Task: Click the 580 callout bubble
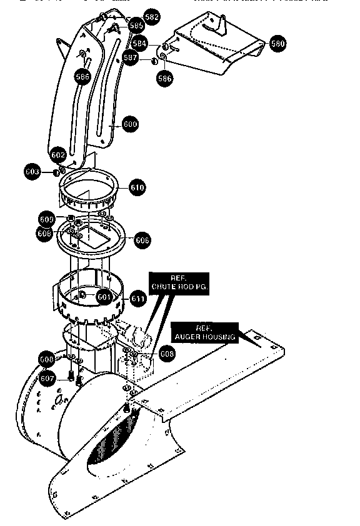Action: point(277,44)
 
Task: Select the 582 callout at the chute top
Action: point(151,16)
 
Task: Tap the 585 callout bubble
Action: point(137,26)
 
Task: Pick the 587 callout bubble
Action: point(131,57)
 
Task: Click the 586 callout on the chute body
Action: point(82,77)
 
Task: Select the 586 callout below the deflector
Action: point(165,79)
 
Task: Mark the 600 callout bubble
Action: point(130,124)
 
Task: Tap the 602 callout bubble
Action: point(57,154)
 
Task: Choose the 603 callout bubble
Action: point(33,171)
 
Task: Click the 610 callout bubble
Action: point(137,187)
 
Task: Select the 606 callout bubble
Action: point(142,240)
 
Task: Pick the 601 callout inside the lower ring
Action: point(104,297)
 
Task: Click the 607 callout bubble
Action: point(47,378)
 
